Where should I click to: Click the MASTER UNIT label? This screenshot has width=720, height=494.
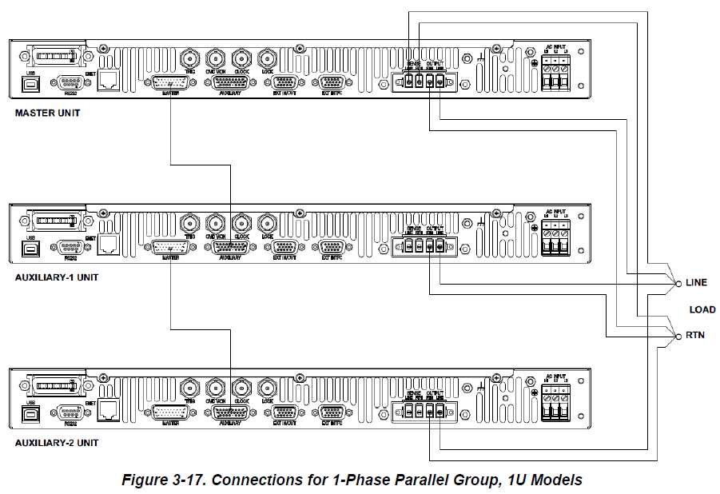(x=47, y=114)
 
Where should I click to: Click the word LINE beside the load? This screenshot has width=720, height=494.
(x=696, y=283)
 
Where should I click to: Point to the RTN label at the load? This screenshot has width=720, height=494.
(x=694, y=336)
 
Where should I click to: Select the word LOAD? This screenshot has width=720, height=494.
(x=702, y=309)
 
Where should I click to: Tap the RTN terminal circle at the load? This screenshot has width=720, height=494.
(x=678, y=336)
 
